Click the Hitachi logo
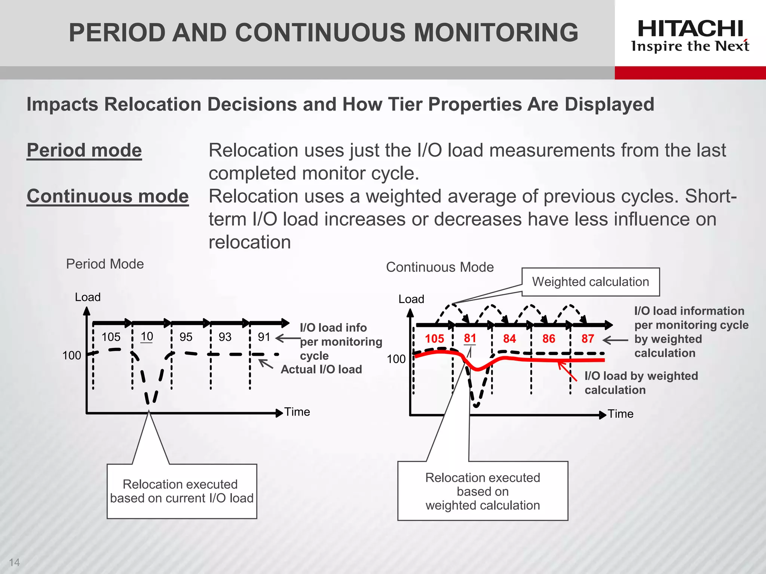click(x=690, y=36)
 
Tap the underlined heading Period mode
click(x=84, y=150)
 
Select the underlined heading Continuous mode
click(x=108, y=196)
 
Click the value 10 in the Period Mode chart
click(x=147, y=337)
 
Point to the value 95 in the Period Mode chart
click(x=186, y=337)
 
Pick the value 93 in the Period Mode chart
click(x=225, y=337)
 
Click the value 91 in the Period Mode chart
click(x=264, y=337)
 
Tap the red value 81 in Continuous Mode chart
click(x=470, y=338)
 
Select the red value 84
click(x=509, y=339)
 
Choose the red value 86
click(x=549, y=339)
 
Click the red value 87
click(x=588, y=339)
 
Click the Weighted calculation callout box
click(x=591, y=282)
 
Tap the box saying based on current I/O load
click(x=182, y=491)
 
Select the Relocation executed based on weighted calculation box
click(x=482, y=491)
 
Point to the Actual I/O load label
click(x=321, y=369)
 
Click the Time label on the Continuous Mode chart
click(x=621, y=414)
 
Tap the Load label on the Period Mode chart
click(x=88, y=297)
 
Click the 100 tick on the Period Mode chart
click(x=71, y=355)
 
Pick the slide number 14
click(x=14, y=562)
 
